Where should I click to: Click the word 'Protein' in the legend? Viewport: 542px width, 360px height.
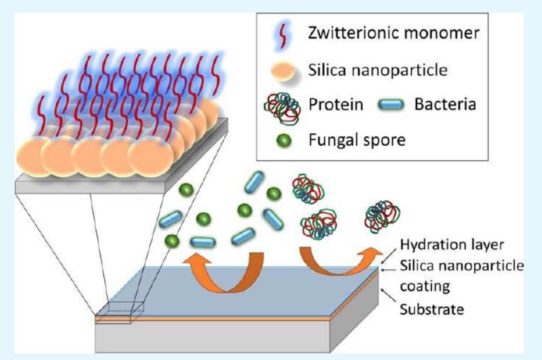click(x=334, y=104)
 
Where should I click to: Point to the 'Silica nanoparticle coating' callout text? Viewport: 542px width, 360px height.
click(x=460, y=273)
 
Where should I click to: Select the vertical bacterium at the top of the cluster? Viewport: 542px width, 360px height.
click(x=254, y=183)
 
